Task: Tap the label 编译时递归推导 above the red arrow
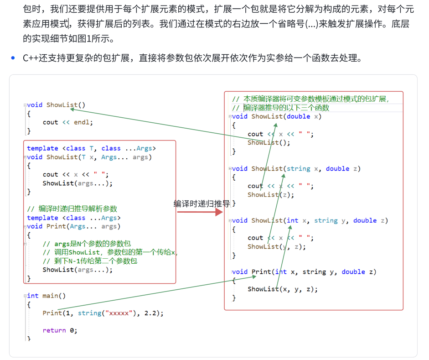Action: coord(201,203)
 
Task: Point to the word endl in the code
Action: coord(82,122)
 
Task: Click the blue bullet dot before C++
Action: coord(14,58)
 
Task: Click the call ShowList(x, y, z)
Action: coord(283,289)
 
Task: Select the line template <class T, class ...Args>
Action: coord(91,148)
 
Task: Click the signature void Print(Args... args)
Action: coord(73,226)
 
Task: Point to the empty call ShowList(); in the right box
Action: coord(269,142)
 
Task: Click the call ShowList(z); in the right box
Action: coord(270,194)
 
